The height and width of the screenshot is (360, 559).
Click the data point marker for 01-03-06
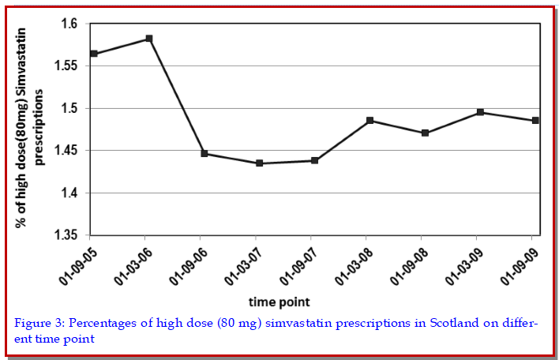click(x=149, y=39)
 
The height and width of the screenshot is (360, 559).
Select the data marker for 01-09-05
click(x=94, y=54)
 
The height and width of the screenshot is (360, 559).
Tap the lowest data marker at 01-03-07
click(x=259, y=163)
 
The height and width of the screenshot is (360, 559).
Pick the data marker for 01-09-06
click(x=204, y=154)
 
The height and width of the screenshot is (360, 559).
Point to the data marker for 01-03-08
click(x=370, y=121)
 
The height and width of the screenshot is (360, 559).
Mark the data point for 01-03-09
click(x=480, y=112)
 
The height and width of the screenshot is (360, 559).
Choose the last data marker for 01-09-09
click(x=535, y=121)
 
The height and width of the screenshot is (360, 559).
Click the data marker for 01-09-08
click(x=425, y=133)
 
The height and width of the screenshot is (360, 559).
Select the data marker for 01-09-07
click(x=314, y=160)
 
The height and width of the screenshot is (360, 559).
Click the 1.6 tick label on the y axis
click(x=69, y=24)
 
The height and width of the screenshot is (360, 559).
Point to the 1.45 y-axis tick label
click(x=66, y=151)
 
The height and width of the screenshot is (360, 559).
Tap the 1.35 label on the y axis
click(x=66, y=235)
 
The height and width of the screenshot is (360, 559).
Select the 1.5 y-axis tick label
click(x=69, y=108)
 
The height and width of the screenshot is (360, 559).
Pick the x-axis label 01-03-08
click(x=355, y=267)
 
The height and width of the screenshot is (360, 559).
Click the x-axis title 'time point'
click(x=279, y=302)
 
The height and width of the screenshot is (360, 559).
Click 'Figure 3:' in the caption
click(x=39, y=323)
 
